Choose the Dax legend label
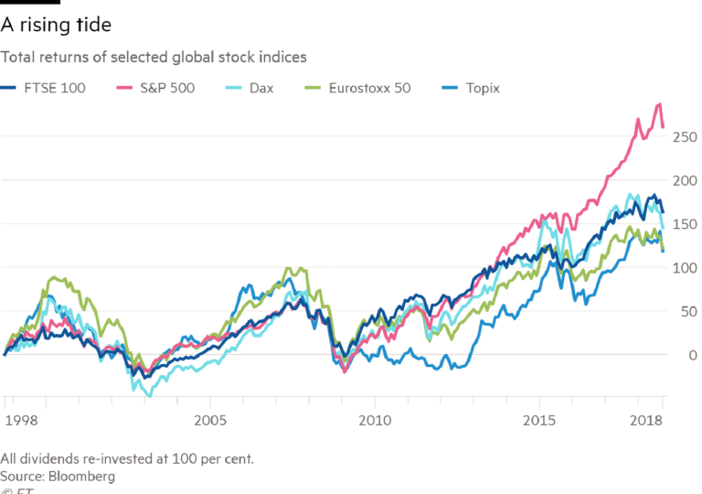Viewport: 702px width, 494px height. (262, 89)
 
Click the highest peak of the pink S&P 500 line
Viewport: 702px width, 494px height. (657, 104)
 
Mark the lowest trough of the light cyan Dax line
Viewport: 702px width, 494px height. (146, 392)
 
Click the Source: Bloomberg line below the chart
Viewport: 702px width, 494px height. (58, 476)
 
